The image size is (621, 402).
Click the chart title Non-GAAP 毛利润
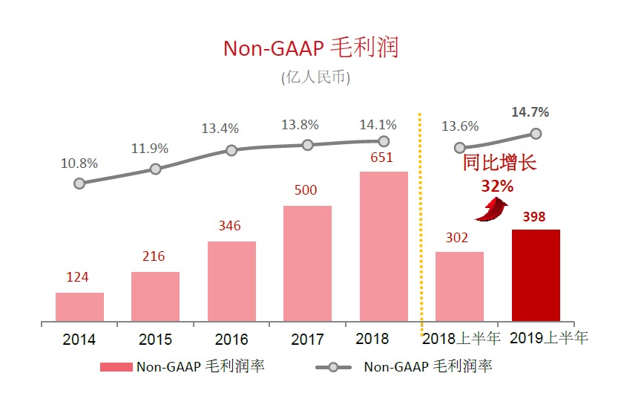[x=311, y=48]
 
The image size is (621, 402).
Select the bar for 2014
[x=79, y=307]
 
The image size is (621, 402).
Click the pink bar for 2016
[x=231, y=282]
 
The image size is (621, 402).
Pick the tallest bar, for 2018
[x=384, y=247]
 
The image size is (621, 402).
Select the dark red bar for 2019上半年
[x=536, y=276]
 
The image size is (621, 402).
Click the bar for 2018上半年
[x=459, y=287]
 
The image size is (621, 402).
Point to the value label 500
[x=305, y=191]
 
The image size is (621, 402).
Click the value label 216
[x=154, y=257]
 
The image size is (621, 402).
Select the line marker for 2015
[x=155, y=169]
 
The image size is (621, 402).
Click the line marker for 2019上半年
[x=536, y=134]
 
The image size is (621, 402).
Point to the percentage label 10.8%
[x=79, y=163]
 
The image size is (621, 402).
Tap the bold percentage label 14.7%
[x=530, y=113]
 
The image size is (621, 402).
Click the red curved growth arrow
[x=487, y=210]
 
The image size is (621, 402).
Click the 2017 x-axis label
[x=307, y=340]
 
